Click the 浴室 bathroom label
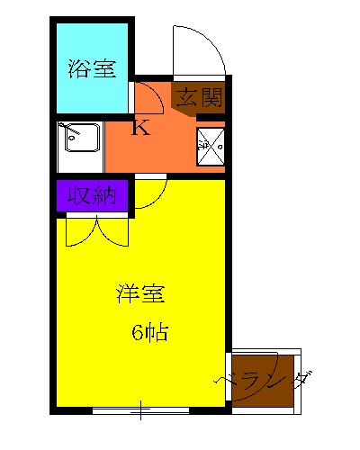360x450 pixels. tap(94, 69)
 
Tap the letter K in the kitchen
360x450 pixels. tap(140, 128)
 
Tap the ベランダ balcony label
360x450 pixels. tap(266, 382)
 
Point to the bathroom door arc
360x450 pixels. tap(148, 95)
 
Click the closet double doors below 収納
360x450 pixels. tap(97, 230)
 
